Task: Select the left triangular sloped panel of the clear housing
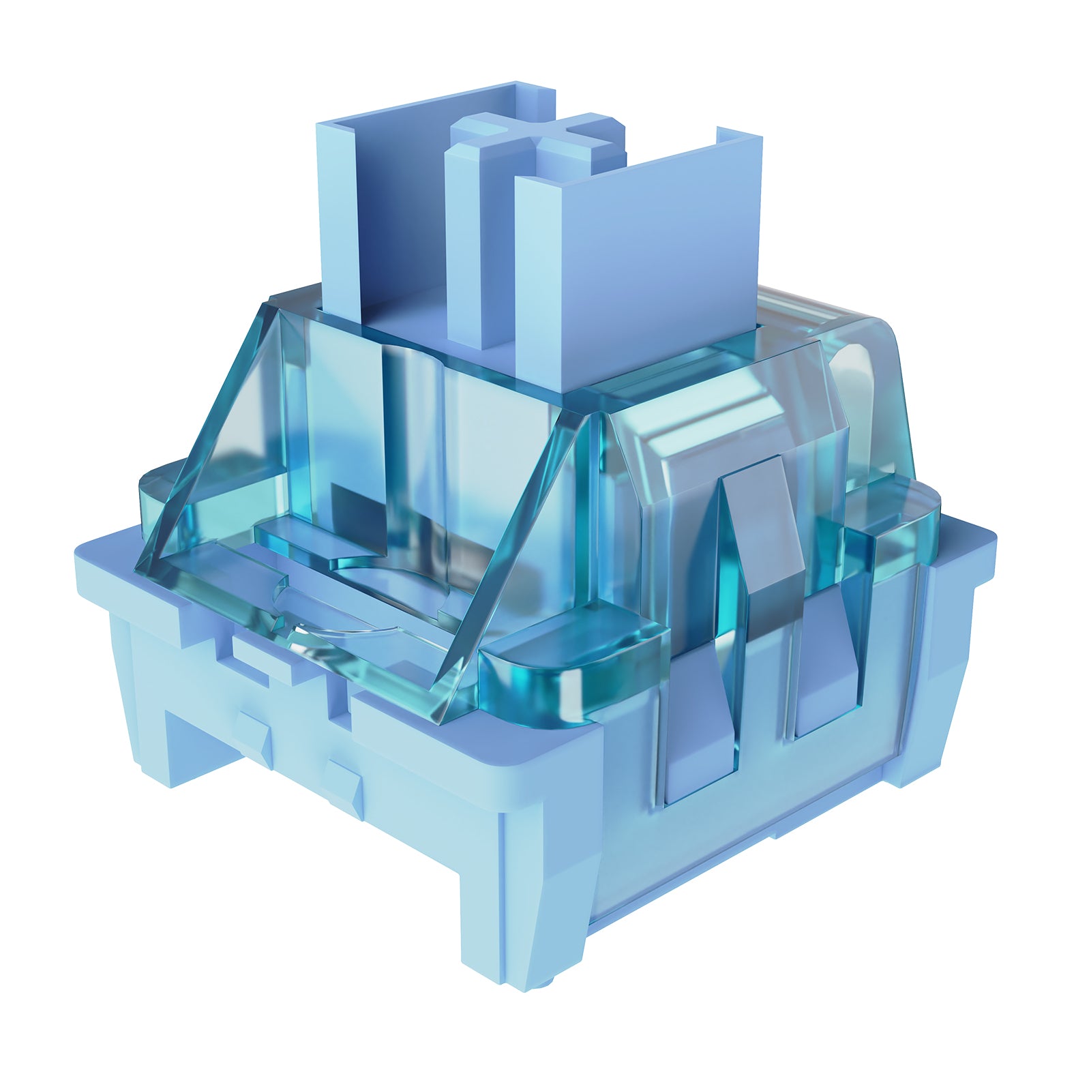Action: coord(225,436)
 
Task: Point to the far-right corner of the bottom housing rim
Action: coord(989,545)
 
